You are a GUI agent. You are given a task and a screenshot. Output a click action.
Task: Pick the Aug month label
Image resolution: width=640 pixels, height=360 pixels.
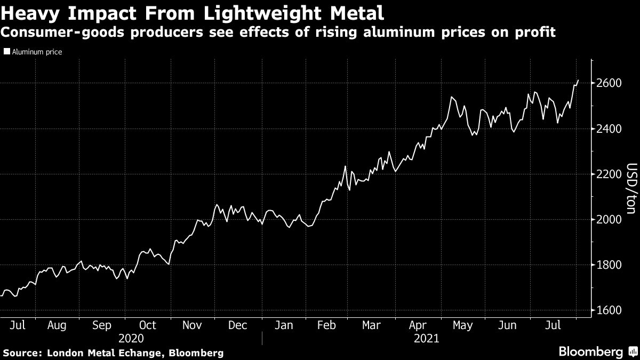pos(57,325)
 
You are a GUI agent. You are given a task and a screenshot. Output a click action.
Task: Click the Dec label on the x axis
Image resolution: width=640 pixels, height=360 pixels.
pos(238,325)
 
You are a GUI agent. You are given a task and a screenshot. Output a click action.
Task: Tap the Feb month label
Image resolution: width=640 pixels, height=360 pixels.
pos(326,325)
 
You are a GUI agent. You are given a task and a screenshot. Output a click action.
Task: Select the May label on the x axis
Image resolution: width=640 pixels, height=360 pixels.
pos(462,325)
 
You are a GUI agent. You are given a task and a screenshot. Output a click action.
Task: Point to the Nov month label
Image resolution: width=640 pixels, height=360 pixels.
pos(192,325)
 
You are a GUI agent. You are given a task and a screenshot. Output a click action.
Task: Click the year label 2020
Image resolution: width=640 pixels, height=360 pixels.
pos(131,338)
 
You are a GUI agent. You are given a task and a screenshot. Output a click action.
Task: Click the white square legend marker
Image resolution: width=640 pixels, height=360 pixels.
pos(6,52)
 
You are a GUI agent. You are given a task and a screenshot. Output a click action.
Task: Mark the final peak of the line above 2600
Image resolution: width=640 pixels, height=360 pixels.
pos(578,80)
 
